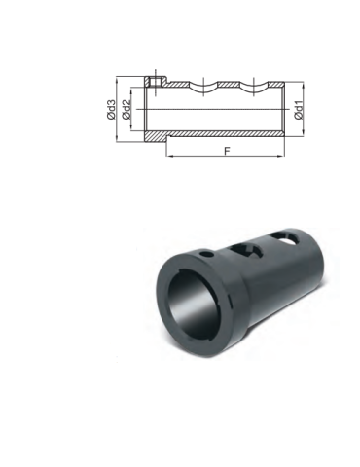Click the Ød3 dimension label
click(111, 109)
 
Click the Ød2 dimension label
click(126, 109)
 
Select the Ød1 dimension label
click(299, 110)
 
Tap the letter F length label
click(228, 151)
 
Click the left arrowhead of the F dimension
click(169, 156)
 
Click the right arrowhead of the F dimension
click(281, 156)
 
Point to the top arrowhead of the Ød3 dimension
click(116, 80)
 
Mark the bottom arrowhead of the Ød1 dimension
click(304, 133)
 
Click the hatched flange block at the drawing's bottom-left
click(156, 136)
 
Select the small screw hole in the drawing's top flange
click(156, 82)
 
